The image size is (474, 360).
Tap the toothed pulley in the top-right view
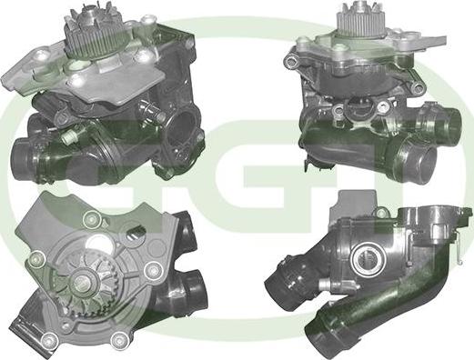pyautogui.click(x=360, y=22)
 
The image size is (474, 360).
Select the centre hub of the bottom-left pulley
pyautogui.click(x=85, y=284)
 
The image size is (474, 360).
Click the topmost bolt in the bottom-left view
pyautogui.click(x=92, y=219)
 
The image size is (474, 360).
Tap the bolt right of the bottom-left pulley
pyautogui.click(x=153, y=270)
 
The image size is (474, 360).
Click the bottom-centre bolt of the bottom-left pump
pyautogui.click(x=119, y=340)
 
